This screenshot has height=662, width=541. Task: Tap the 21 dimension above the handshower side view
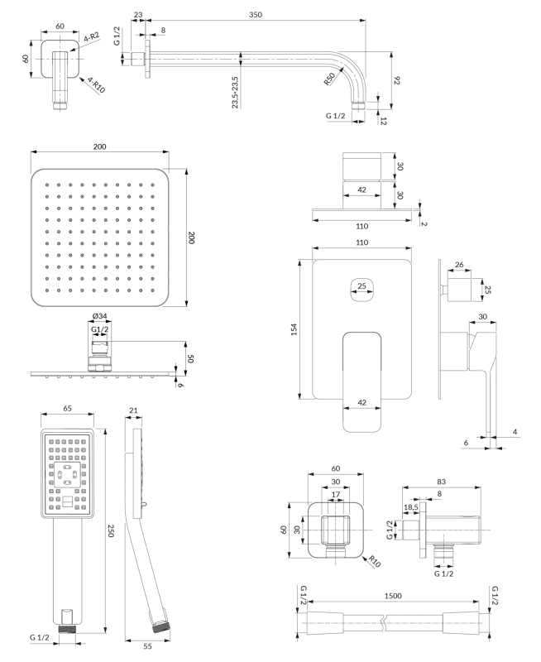point(134,410)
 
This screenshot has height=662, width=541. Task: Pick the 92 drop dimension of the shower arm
point(397,80)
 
